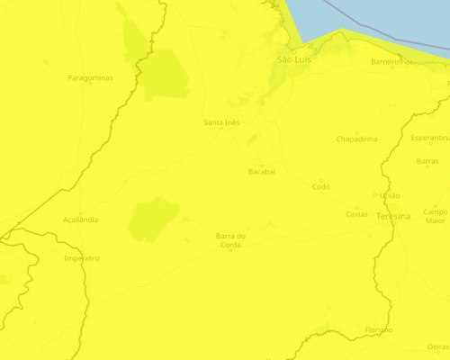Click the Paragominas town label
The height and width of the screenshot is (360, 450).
point(90,78)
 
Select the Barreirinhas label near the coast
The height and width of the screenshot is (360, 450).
point(392,62)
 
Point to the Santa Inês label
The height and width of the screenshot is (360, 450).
point(222,121)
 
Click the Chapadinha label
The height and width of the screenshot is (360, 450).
point(356,139)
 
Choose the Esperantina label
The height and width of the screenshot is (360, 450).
point(429,138)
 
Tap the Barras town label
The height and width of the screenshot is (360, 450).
point(427,161)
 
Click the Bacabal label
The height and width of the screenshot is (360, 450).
point(261,171)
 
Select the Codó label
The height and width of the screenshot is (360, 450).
point(321,186)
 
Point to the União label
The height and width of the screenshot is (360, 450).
point(391,195)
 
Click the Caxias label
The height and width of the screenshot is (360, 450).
point(357,214)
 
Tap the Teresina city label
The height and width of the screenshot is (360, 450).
point(393,217)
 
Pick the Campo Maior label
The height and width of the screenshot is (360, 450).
point(436,216)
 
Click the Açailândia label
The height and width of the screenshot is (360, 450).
point(81,220)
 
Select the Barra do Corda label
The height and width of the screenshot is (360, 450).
point(230,240)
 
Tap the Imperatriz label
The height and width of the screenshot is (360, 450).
point(82,258)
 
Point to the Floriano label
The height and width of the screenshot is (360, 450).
point(379,330)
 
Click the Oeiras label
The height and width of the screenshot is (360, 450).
point(437,346)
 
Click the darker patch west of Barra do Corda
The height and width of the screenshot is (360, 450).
point(153,220)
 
